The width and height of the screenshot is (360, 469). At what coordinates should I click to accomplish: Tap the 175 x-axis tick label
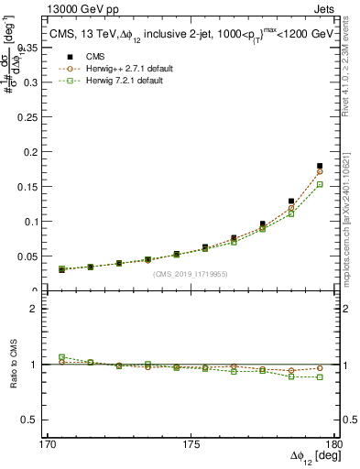coord(192,442)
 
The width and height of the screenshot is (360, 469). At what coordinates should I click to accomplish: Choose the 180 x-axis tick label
coord(336,442)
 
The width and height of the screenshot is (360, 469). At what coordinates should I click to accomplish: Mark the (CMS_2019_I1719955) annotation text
coord(190,272)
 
